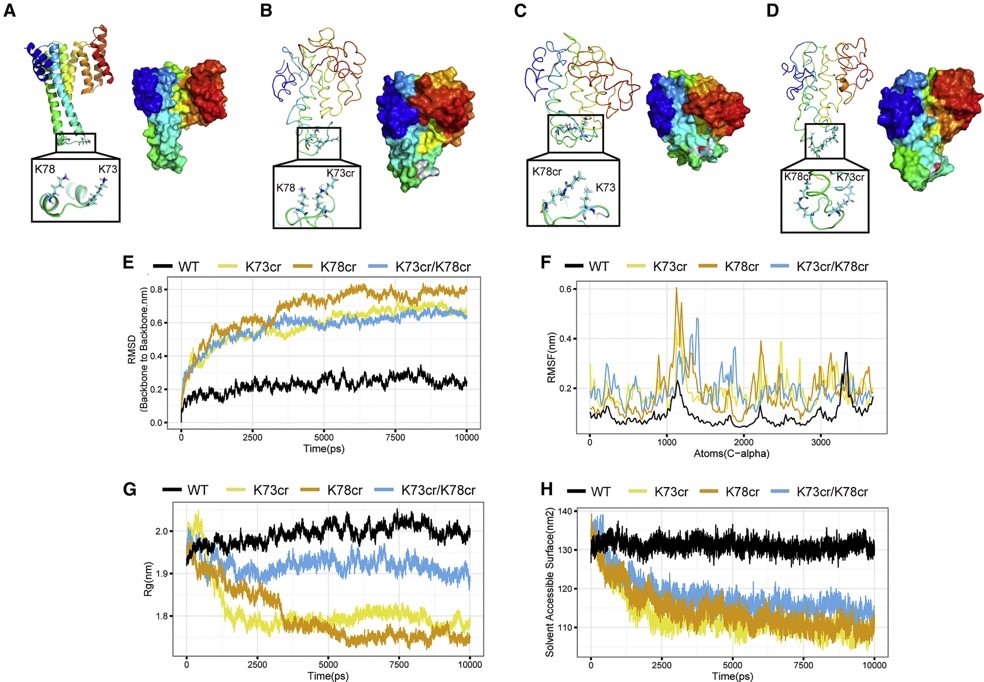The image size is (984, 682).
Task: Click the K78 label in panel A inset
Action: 52,170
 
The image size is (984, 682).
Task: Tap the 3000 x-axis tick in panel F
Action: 820,441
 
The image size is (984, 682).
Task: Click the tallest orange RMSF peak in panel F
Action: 677,289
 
